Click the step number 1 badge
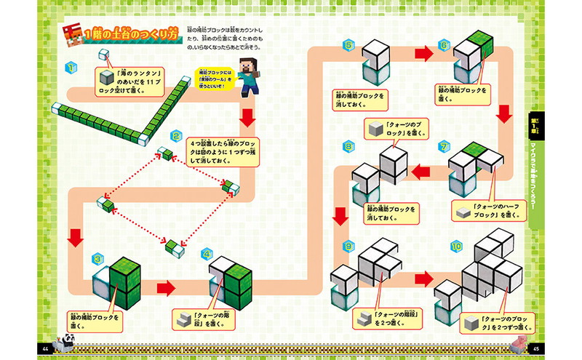pos(71,68)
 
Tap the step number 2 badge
pos(176,136)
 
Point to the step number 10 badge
pos(456,246)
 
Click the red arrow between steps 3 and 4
pos(167,288)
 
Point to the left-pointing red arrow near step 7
pos(421,172)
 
